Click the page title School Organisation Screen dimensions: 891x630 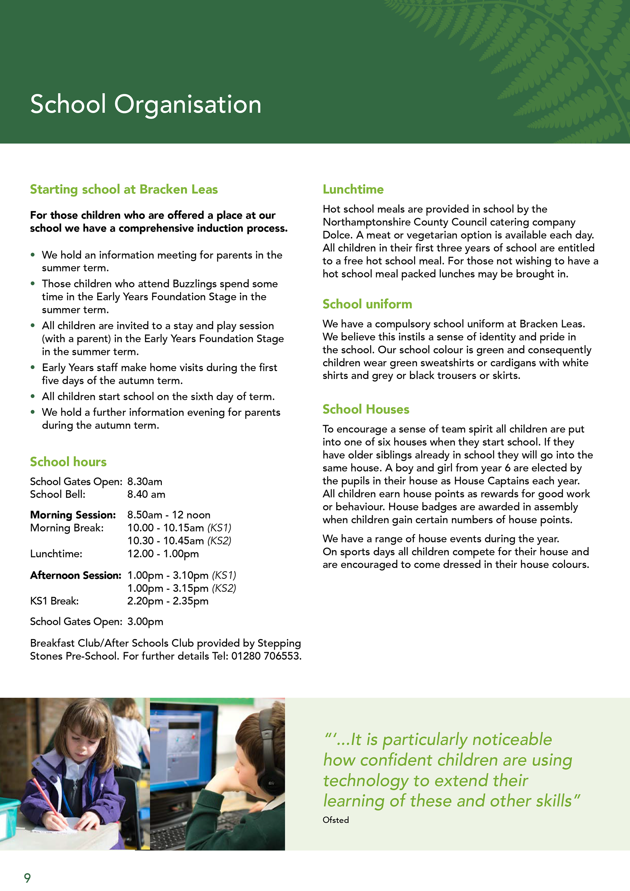(x=146, y=104)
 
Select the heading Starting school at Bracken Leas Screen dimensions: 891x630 (x=124, y=189)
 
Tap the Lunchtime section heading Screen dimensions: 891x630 (x=353, y=189)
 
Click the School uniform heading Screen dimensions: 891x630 (x=367, y=304)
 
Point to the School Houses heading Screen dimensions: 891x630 (x=366, y=409)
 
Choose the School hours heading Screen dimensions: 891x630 (x=68, y=462)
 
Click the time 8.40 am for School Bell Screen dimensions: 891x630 (x=146, y=494)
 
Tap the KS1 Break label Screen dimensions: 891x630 (x=54, y=601)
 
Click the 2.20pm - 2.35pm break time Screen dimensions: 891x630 (x=168, y=601)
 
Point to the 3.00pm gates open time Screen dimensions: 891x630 (x=145, y=622)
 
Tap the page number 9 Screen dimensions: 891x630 (x=27, y=878)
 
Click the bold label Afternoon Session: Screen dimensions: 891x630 (x=76, y=575)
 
